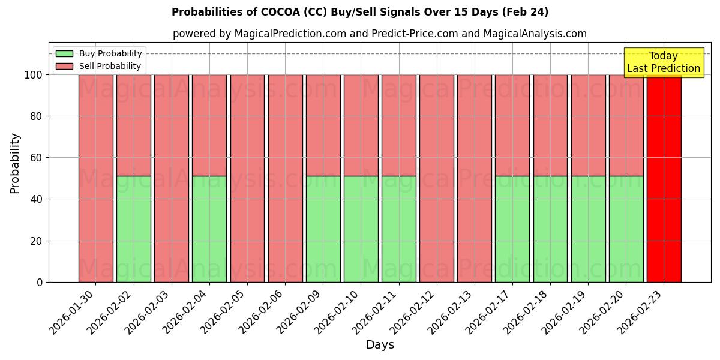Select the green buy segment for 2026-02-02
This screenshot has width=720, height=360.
133,229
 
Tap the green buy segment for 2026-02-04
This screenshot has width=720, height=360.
209,229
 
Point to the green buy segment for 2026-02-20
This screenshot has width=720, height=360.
626,229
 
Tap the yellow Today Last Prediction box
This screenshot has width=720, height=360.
664,62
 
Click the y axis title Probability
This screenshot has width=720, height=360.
16,163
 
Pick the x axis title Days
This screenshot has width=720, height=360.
380,345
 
